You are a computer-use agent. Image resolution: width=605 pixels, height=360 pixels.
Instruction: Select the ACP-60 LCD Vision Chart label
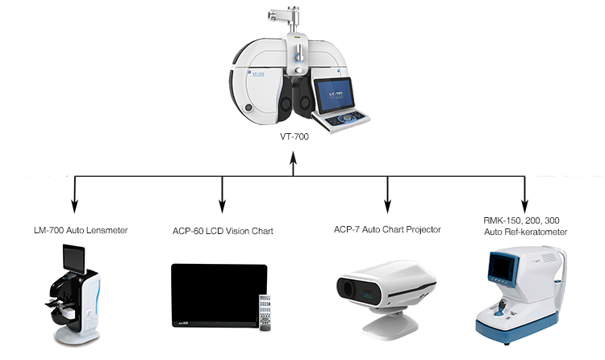coord(223,232)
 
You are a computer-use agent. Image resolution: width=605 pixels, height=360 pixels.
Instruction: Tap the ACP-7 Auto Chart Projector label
coord(387,230)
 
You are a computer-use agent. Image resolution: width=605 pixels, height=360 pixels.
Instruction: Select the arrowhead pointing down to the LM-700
coord(76,204)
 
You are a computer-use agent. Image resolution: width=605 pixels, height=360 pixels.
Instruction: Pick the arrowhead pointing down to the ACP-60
coord(223,204)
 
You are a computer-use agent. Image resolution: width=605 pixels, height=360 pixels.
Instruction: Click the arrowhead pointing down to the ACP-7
coord(387,204)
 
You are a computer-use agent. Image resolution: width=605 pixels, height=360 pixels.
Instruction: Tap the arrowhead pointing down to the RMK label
coord(525,204)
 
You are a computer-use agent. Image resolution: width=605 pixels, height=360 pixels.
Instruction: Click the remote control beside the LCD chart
coord(264,311)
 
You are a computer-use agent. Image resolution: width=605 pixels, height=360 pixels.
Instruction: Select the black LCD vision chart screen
coord(217,293)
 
